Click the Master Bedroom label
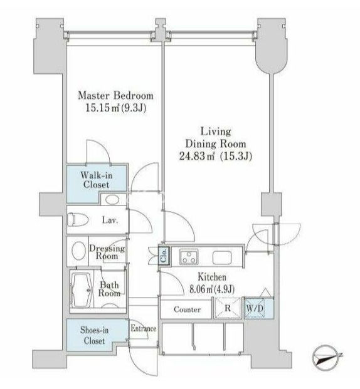(116, 96)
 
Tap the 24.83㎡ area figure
(197, 157)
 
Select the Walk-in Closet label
(97, 180)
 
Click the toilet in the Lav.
(78, 220)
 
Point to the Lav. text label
(110, 220)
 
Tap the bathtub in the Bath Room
(82, 290)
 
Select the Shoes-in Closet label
(95, 335)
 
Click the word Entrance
(144, 328)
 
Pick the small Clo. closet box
(164, 256)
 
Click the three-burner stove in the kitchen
(189, 257)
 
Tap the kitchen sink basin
(223, 257)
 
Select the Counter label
(188, 309)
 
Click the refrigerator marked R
(228, 308)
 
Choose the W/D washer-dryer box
(255, 308)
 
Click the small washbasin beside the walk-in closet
(110, 200)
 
